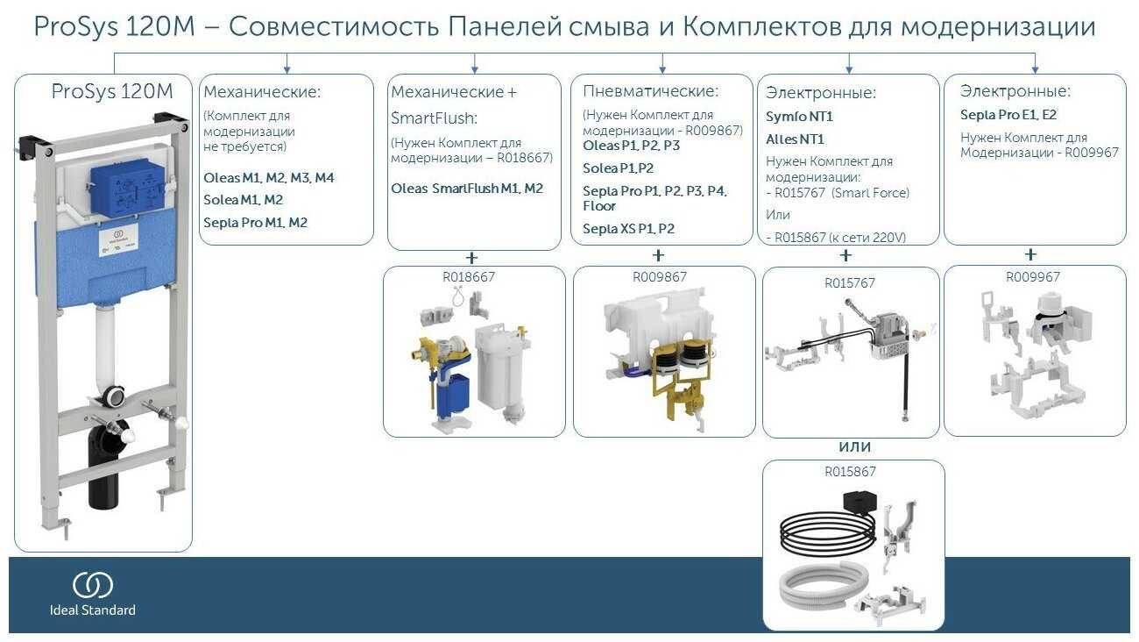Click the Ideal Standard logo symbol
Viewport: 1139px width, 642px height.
(x=92, y=585)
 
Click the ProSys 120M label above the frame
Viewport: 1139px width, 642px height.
(x=112, y=90)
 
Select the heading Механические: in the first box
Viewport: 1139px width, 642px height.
(x=262, y=91)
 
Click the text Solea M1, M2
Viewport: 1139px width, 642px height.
(x=243, y=200)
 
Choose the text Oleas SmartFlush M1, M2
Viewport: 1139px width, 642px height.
(x=467, y=189)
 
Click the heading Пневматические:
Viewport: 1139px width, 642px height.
(x=650, y=91)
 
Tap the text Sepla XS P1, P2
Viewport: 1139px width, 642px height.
(x=628, y=229)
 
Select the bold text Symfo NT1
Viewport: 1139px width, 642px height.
(x=799, y=117)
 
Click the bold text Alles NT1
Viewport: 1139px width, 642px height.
(x=795, y=139)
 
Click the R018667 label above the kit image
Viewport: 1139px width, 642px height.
(x=469, y=276)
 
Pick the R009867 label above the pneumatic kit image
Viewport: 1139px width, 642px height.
(x=660, y=276)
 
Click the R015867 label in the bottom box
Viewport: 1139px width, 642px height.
(x=849, y=471)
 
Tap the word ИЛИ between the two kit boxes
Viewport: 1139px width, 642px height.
(x=854, y=447)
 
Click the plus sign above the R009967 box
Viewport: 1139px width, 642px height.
(x=1030, y=255)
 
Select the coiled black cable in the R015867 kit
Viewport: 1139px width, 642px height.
(x=826, y=531)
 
